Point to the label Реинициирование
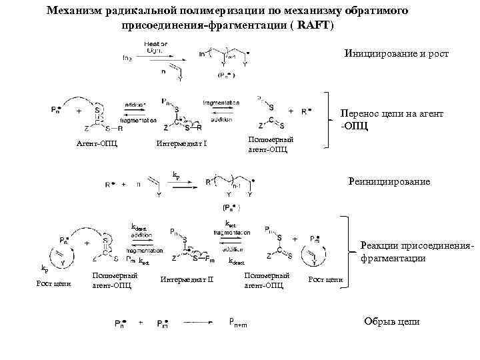(390, 181)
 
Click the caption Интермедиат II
(186, 279)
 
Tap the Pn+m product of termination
(240, 323)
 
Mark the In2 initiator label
(127, 57)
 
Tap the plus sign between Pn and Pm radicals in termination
(141, 323)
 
